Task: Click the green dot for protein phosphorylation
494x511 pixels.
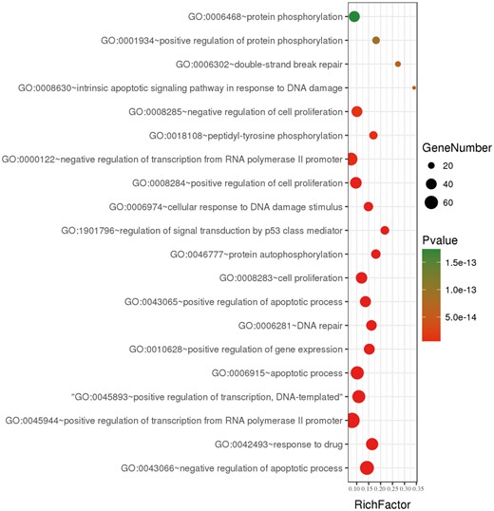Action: coord(354,17)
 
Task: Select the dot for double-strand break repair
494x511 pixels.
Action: coord(398,65)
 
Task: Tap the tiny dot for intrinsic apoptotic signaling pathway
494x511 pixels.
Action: coord(414,88)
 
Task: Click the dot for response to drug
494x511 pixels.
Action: coord(371,444)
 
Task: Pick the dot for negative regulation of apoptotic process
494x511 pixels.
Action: coord(367,467)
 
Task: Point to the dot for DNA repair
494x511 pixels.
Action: coord(371,326)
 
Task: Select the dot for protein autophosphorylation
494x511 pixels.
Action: coord(376,254)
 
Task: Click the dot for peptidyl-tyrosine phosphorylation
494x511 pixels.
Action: coord(373,136)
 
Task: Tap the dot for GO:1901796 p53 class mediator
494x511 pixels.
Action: coord(385,230)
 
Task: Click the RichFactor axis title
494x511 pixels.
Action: coord(382,504)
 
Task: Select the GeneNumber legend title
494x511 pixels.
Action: coord(458,148)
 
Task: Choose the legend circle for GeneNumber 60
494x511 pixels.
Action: coord(434,201)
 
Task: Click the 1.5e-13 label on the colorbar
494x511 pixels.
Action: coord(469,262)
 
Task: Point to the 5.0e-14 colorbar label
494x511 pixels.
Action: coord(469,316)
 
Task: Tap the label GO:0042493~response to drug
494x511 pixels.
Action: coord(278,444)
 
